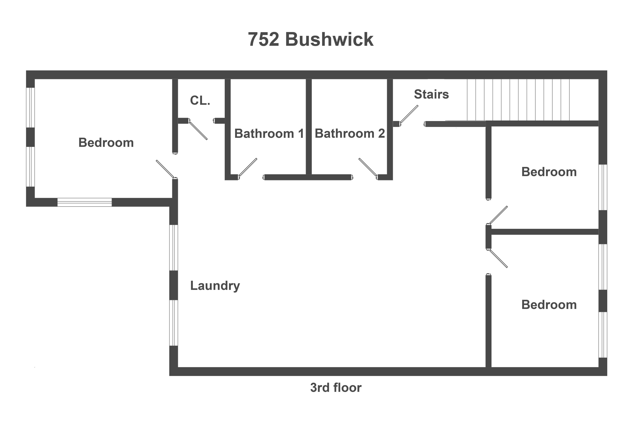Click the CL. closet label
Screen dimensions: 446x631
tap(200, 101)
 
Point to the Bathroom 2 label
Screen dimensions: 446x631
tap(350, 134)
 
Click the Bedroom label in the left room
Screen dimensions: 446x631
tap(106, 143)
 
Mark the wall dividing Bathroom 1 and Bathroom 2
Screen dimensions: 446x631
tap(309, 126)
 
